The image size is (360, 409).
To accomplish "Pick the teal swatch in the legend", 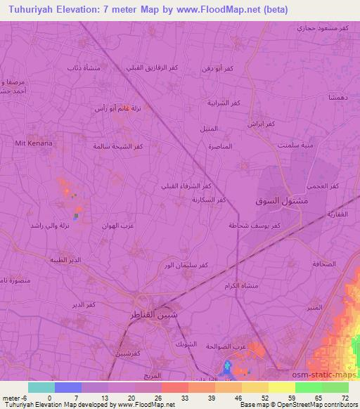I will pyautogui.click(x=41, y=387).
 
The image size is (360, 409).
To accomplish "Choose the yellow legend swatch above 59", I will pyautogui.click(x=281, y=387).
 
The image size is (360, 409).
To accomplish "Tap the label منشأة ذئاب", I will pyautogui.click(x=81, y=67).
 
